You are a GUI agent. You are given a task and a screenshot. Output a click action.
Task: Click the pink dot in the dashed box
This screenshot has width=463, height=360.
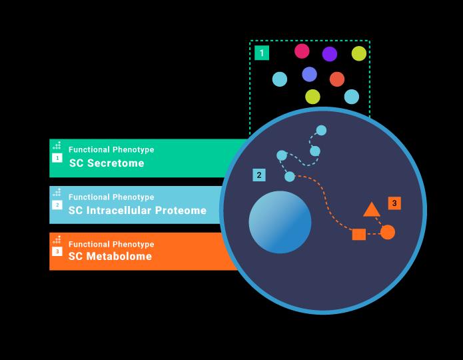302,51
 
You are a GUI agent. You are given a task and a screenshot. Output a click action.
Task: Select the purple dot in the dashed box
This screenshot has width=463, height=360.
330,54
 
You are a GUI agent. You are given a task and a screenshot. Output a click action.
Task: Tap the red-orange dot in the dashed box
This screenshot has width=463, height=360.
337,79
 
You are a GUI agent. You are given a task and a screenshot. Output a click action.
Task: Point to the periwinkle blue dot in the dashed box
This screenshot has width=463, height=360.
309,74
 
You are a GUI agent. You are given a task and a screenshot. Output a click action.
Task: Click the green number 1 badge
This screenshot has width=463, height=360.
262,53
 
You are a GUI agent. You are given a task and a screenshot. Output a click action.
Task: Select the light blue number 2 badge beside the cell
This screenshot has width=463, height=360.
259,175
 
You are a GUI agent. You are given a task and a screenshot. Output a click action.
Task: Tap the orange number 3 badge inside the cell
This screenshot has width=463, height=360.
394,203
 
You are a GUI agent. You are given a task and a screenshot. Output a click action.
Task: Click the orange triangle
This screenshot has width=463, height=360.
372,210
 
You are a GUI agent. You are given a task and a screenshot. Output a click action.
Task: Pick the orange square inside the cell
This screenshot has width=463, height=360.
358,234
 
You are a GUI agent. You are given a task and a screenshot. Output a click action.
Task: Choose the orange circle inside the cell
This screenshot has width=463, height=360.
388,232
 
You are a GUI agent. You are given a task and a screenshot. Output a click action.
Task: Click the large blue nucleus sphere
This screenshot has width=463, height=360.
280,222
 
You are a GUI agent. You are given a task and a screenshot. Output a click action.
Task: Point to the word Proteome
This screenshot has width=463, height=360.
181,211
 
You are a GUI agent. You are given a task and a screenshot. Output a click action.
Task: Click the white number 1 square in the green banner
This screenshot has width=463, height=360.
57,158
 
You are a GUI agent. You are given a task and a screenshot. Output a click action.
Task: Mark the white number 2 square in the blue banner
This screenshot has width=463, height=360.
57,205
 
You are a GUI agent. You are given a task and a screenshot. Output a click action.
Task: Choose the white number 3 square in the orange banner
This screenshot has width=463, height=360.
57,251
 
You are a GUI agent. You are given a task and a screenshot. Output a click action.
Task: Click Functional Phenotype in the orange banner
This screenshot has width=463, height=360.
111,244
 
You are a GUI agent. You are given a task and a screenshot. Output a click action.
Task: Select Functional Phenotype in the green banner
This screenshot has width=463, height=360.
111,150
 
